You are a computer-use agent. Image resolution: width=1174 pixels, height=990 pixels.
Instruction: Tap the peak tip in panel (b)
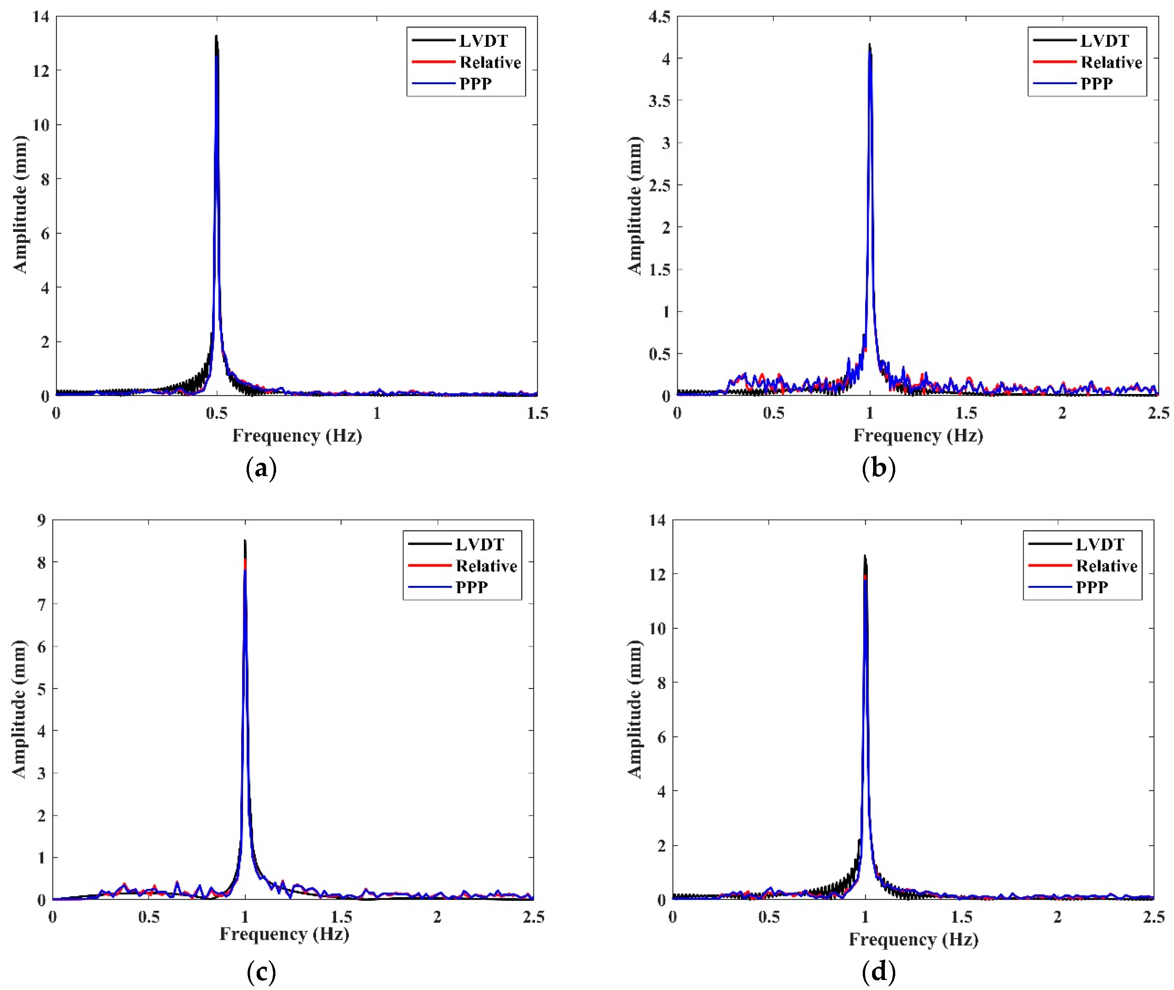coord(869,44)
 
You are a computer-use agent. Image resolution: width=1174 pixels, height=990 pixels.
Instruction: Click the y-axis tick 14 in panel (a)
coord(41,17)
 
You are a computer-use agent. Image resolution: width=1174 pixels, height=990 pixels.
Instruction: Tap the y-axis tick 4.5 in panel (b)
coord(659,17)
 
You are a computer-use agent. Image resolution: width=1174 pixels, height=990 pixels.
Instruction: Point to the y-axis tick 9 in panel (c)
coord(41,520)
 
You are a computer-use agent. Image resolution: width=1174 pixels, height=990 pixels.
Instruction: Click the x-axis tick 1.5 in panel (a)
coord(537,413)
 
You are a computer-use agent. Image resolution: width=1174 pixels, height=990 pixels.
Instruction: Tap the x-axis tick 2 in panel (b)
coord(1062,413)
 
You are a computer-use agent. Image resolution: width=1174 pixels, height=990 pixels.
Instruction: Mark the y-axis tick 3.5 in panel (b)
coord(659,101)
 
